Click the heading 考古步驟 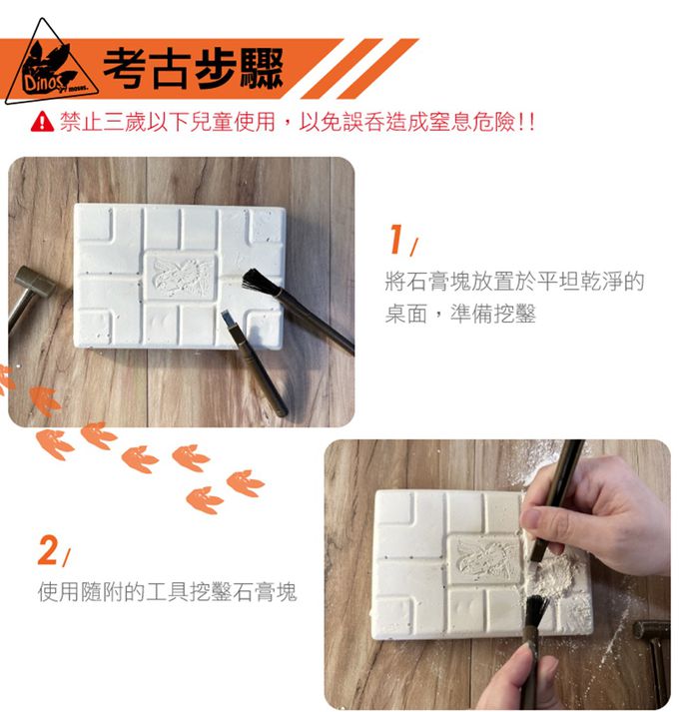point(194,69)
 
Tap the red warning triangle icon point(42,121)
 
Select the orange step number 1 point(397,239)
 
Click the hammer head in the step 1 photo point(34,281)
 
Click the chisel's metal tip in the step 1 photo point(228,320)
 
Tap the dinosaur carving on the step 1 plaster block point(181,278)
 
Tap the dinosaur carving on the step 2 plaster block point(485,559)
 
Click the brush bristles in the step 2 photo point(537,610)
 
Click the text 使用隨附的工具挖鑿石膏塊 point(167,591)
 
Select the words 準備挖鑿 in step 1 point(493,314)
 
